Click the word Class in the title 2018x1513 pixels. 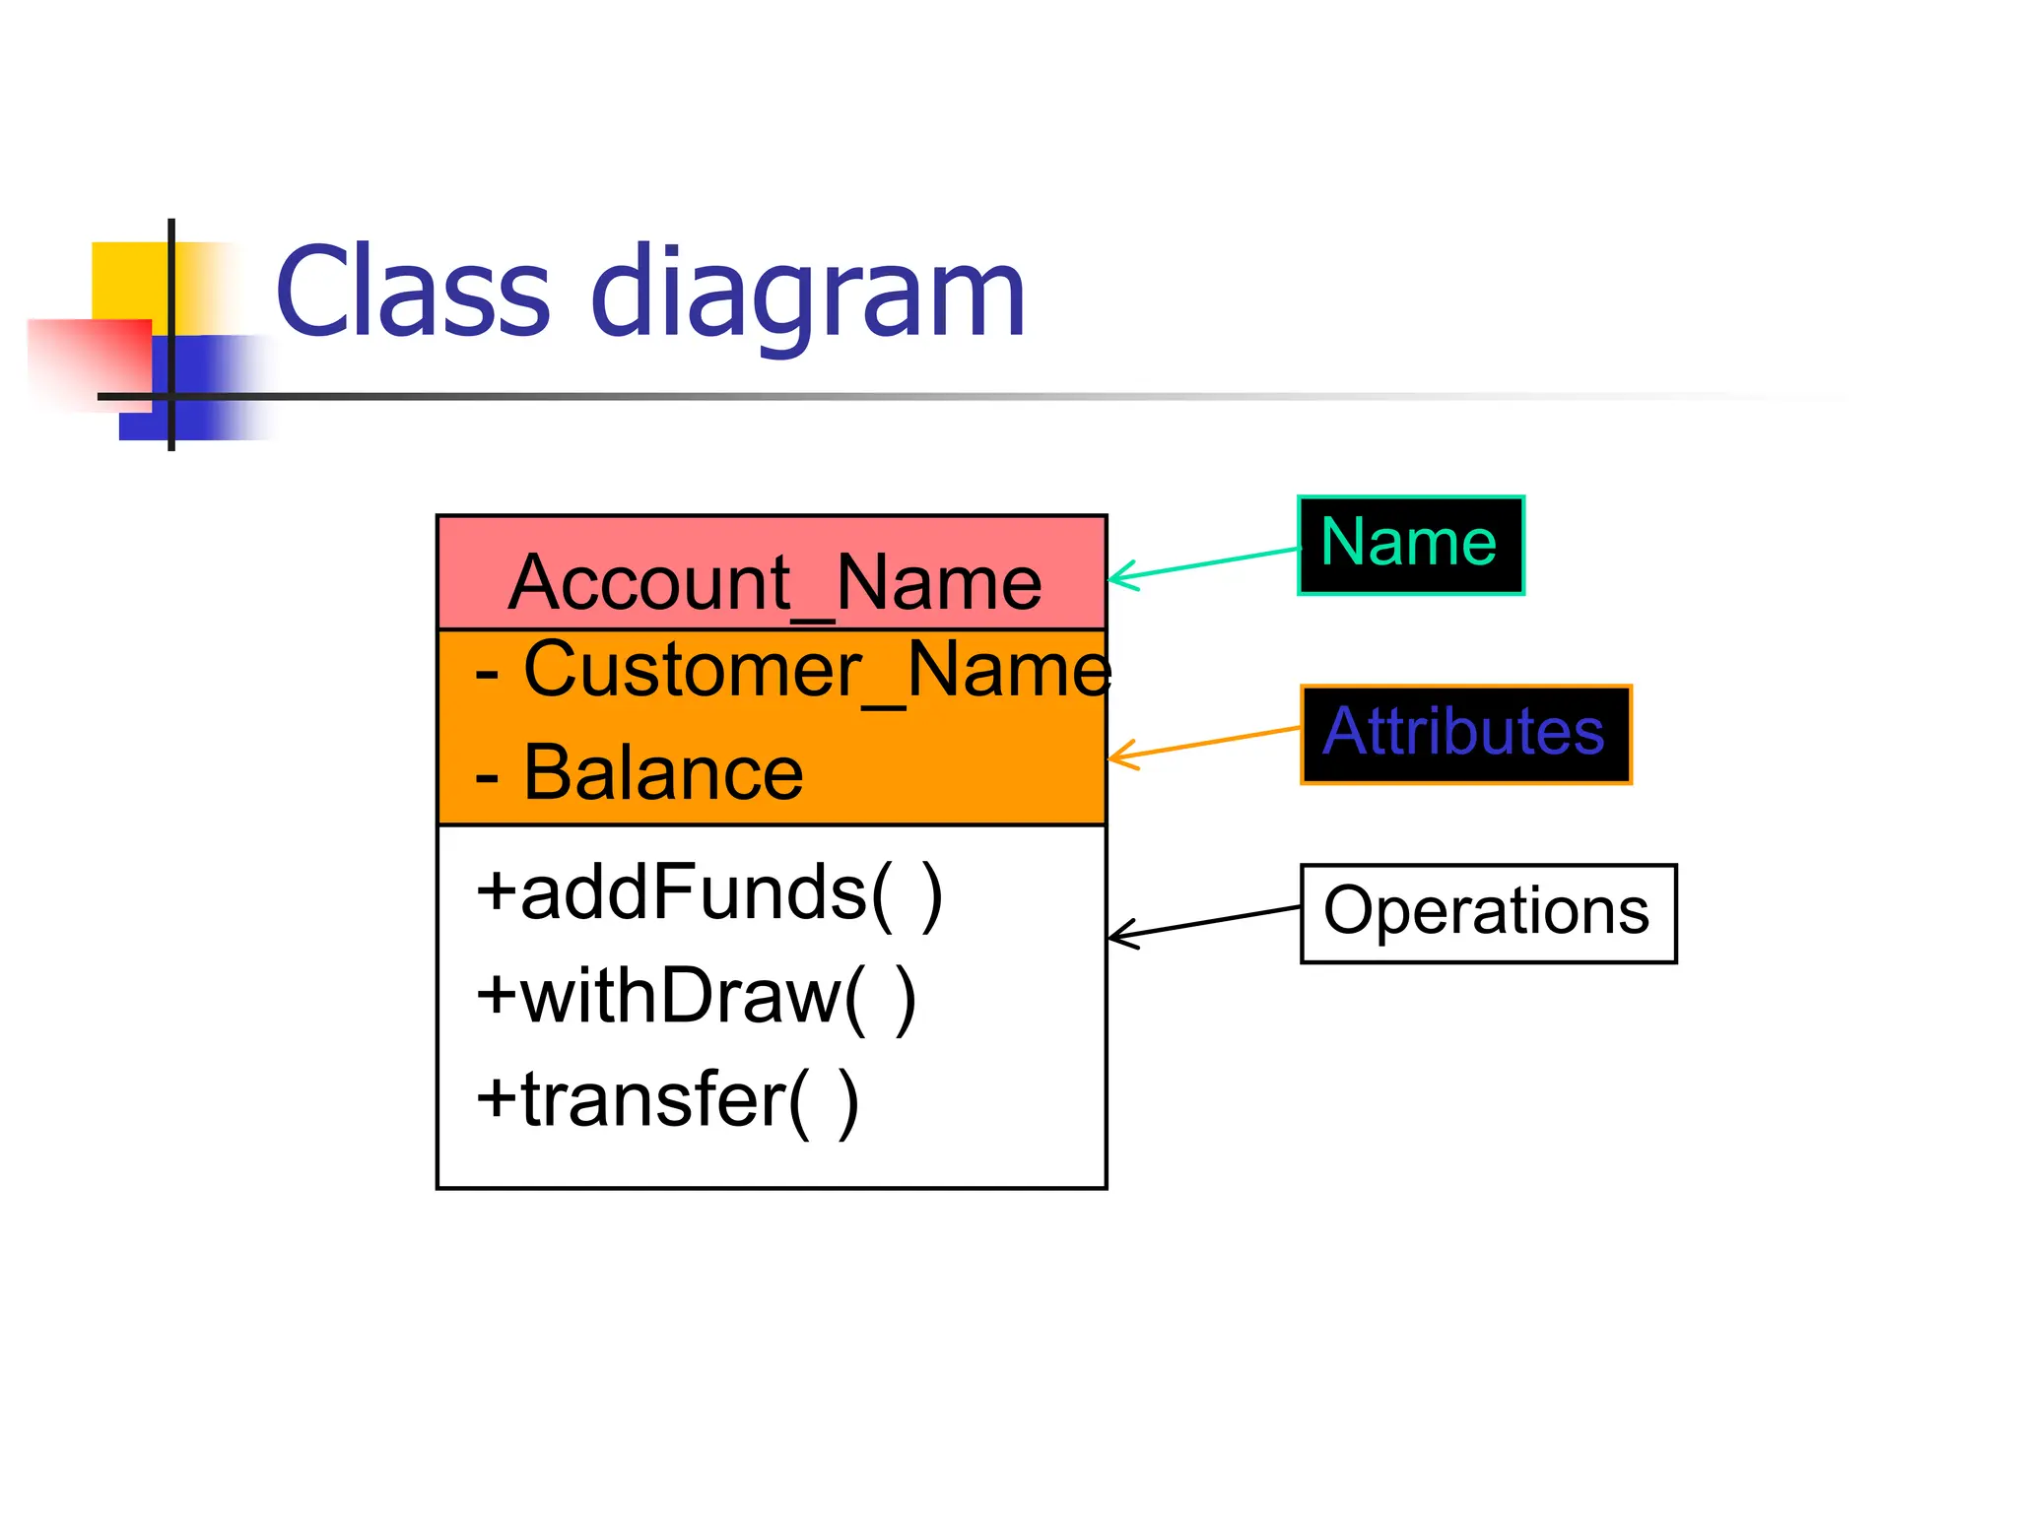click(412, 293)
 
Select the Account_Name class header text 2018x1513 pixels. click(774, 583)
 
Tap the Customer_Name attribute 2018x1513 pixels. click(816, 670)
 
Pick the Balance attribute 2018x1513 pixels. click(662, 773)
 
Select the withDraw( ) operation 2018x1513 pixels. click(696, 997)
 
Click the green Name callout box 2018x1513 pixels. click(1410, 545)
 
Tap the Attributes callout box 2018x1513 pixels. click(1465, 734)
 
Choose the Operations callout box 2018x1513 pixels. click(1488, 912)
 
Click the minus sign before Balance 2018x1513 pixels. click(487, 778)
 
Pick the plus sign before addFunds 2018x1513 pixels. click(497, 891)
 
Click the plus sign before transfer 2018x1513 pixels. click(497, 1099)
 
